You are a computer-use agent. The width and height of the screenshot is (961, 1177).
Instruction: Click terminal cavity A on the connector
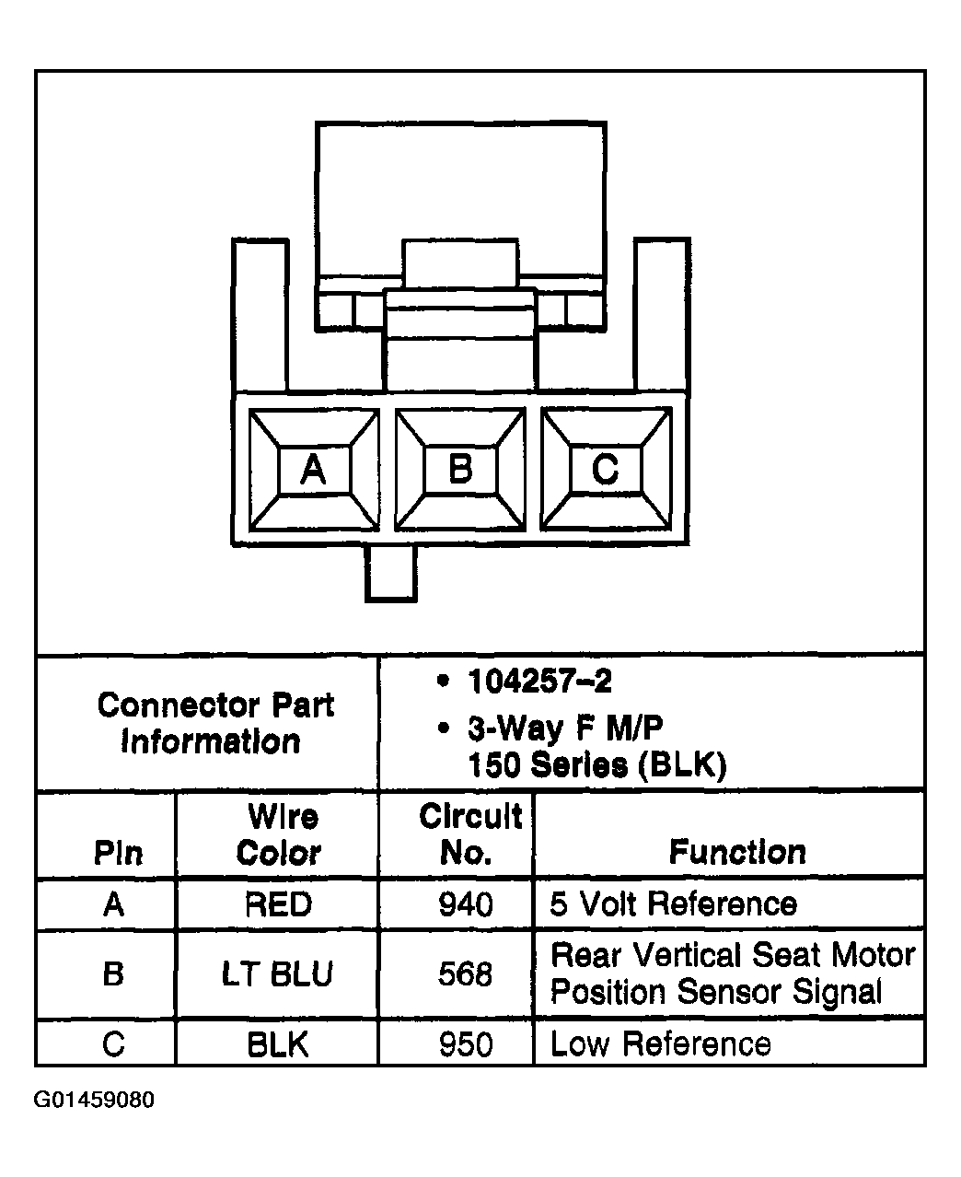[314, 471]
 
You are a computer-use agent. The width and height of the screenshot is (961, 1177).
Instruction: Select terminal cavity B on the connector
[459, 470]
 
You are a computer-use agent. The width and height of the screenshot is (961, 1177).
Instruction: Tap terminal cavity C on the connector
[605, 470]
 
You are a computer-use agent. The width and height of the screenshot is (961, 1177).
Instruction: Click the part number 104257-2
[539, 682]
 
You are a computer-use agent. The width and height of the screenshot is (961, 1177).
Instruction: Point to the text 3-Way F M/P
[564, 728]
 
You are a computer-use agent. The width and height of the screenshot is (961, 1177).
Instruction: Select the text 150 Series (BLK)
[596, 765]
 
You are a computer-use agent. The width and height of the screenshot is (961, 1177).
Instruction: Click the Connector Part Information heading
[214, 724]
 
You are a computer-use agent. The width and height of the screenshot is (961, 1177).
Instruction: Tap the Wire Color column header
[279, 835]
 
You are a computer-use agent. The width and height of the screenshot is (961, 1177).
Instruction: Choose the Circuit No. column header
[469, 834]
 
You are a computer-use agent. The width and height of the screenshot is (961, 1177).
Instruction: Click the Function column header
[737, 852]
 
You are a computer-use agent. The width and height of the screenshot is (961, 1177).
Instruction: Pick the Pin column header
[118, 853]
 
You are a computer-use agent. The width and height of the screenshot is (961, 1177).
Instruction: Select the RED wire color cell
[278, 904]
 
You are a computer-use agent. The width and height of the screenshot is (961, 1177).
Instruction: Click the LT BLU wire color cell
[277, 973]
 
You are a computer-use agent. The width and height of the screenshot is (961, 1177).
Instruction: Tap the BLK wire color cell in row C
[277, 1044]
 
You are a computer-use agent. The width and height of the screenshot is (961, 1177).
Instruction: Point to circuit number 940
[466, 904]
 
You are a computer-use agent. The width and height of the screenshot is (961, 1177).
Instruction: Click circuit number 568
[466, 973]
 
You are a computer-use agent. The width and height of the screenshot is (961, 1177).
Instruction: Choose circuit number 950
[466, 1044]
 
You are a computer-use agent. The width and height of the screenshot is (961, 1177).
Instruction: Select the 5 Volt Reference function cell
[673, 904]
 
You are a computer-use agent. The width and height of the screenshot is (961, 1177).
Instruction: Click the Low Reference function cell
[660, 1044]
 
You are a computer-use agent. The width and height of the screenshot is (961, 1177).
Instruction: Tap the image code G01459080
[94, 1101]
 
